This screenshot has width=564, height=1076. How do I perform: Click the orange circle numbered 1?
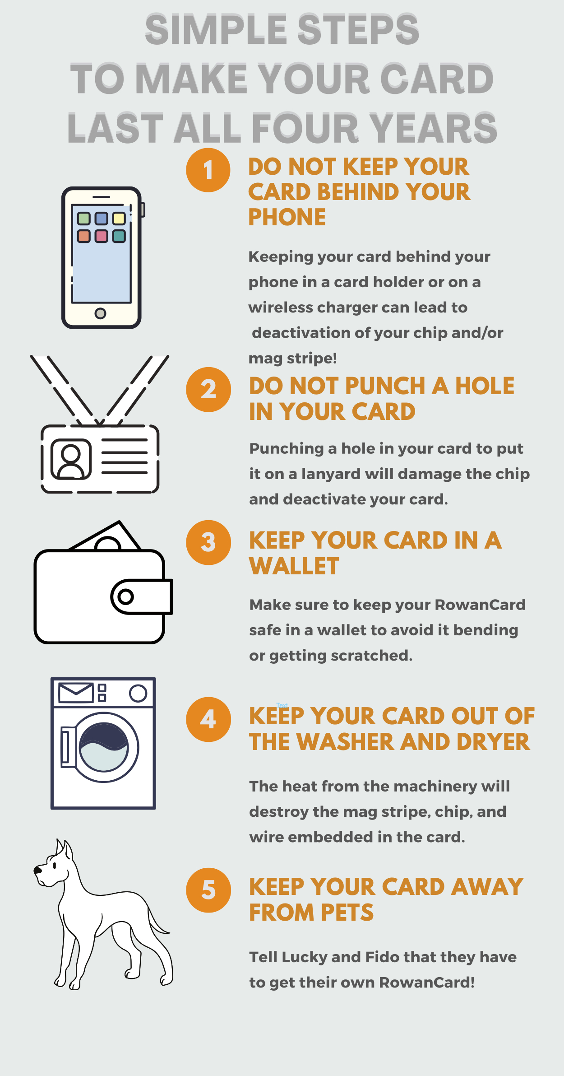[208, 170]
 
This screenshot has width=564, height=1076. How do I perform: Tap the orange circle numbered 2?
[208, 389]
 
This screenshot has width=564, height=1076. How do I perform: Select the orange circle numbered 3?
[208, 542]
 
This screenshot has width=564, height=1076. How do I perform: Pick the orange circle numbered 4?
[208, 719]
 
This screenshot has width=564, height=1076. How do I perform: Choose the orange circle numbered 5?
[208, 890]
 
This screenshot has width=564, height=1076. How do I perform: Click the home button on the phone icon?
[100, 313]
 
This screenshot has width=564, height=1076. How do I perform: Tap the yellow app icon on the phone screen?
[119, 219]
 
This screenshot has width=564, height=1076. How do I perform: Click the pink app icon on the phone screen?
[102, 236]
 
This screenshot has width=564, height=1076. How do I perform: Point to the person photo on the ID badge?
[71, 459]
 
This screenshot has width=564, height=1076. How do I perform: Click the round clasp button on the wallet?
[125, 597]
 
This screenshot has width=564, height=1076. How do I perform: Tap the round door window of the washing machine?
[104, 747]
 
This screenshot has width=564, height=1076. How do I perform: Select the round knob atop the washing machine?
[138, 693]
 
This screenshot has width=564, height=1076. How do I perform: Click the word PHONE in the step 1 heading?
[287, 217]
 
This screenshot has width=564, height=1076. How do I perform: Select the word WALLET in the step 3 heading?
[294, 566]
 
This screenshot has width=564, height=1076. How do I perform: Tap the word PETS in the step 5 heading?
[347, 913]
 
